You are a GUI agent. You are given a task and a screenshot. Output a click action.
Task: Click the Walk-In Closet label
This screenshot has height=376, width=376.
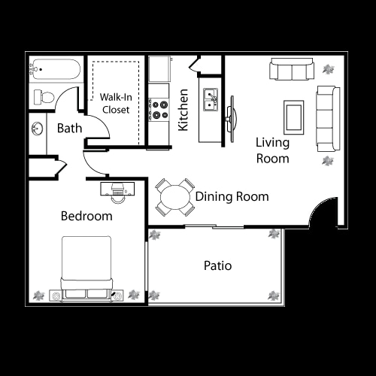tap(115, 103)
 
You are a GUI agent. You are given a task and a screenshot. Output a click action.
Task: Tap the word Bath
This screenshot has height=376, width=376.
tap(69, 128)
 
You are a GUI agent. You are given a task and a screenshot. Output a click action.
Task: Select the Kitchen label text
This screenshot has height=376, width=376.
tap(183, 111)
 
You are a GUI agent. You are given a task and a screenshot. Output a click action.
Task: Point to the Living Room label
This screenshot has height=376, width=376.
tap(272, 150)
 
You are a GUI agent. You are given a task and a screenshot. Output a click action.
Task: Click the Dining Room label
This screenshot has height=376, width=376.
tap(232, 197)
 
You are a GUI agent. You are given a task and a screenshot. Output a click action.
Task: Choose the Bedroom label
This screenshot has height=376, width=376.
tap(86, 216)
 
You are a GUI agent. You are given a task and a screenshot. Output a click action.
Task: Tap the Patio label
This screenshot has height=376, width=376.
tap(217, 265)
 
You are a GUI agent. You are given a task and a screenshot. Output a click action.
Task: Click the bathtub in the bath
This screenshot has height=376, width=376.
tap(54, 72)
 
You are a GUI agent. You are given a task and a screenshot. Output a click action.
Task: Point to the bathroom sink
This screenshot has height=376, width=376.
tap(37, 129)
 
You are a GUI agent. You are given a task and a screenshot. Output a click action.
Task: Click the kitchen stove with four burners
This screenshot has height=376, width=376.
tap(159, 110)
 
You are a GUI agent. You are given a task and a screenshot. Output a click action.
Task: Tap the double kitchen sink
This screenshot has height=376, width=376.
tap(210, 99)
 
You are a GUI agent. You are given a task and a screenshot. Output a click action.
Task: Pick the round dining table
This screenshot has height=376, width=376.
tap(175, 197)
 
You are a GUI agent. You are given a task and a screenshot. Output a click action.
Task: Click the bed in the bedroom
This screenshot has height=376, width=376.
tap(86, 267)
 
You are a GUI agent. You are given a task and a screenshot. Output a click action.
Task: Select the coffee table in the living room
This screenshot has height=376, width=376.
tap(293, 115)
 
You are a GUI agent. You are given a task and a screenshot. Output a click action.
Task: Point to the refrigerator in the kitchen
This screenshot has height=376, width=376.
tap(160, 69)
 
